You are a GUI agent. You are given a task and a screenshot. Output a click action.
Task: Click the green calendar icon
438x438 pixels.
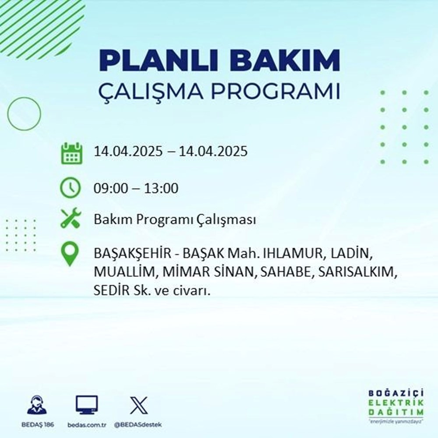pos(71,152)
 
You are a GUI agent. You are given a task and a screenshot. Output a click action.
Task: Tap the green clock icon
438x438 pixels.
pos(71,188)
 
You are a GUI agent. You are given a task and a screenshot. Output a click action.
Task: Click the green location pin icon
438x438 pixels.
pos(71,255)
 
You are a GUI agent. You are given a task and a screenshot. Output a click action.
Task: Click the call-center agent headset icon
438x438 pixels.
pos(36,405)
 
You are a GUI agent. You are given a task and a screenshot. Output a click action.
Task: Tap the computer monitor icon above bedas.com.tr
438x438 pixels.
pos(87,405)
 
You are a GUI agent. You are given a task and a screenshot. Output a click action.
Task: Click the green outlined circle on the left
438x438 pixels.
pos(24,113)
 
